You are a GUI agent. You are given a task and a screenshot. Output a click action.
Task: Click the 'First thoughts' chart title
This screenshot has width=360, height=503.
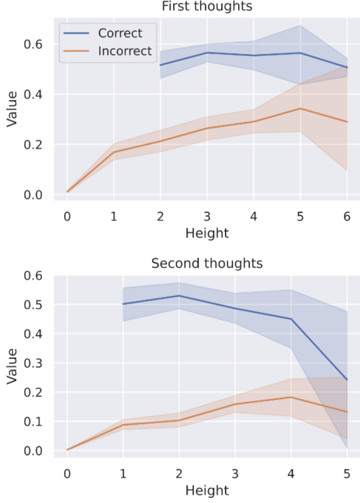point(207,6)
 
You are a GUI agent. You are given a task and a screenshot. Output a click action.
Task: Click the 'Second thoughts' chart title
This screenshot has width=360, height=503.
point(207,264)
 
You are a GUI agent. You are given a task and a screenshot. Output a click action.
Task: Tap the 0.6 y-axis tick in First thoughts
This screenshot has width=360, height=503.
point(33,44)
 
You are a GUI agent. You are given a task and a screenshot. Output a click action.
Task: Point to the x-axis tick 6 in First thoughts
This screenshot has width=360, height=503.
point(346,217)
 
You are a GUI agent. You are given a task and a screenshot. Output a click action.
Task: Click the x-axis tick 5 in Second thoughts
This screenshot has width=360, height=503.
point(346,474)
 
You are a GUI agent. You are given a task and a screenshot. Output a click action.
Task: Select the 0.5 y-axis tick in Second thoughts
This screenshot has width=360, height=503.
point(33,304)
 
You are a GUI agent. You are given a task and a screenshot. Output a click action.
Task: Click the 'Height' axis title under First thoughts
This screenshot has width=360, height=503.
point(207,233)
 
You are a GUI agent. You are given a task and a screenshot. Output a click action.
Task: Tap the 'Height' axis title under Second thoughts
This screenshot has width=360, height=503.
point(207,491)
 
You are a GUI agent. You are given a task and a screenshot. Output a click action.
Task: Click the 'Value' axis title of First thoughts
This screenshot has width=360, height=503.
point(12,109)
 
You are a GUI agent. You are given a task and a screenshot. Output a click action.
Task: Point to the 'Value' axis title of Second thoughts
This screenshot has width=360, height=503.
point(12,366)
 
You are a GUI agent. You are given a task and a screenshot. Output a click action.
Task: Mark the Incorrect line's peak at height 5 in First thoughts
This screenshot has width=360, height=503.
point(300,108)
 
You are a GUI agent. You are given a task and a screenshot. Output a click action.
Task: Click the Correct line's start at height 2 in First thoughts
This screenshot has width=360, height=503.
point(160,65)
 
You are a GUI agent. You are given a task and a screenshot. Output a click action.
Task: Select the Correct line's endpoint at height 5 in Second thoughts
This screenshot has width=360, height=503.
point(346,380)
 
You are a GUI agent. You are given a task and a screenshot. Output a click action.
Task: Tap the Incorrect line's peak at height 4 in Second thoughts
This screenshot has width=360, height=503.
point(291,397)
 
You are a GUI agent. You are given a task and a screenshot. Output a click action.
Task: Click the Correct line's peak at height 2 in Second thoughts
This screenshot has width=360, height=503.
point(179,295)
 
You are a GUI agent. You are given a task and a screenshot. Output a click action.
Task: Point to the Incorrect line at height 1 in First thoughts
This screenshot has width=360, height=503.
point(114,151)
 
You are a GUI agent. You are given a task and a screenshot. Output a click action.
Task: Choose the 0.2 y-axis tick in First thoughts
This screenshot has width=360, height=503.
point(33,145)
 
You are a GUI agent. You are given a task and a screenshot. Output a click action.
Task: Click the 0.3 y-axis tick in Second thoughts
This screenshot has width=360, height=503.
point(33,363)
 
